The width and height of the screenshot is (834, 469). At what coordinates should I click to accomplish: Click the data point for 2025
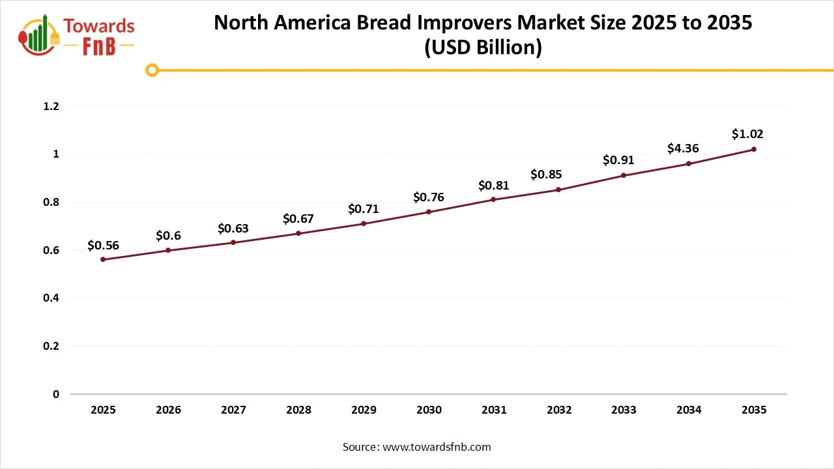[x=103, y=259]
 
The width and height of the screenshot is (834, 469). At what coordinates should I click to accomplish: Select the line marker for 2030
[x=429, y=212]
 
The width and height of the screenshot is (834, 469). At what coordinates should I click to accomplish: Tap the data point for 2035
[x=754, y=149]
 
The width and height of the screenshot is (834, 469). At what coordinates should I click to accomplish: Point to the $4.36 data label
[x=683, y=149]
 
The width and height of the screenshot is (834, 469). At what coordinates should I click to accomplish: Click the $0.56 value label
[x=103, y=246]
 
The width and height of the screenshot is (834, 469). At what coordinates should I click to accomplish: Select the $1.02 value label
[x=747, y=134]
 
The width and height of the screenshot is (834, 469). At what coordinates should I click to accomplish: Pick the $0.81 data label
[x=493, y=186]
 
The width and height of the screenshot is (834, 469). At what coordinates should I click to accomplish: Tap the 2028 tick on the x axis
[x=298, y=410]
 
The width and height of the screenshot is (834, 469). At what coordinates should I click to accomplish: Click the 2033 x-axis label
[x=624, y=410]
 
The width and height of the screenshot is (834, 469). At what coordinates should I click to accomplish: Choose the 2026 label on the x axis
[x=168, y=410]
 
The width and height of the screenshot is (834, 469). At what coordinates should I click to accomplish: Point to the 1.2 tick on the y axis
[x=51, y=106]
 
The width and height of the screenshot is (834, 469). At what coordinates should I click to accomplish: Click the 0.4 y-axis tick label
[x=51, y=298]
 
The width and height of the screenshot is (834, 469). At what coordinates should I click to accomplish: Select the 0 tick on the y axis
[x=56, y=394]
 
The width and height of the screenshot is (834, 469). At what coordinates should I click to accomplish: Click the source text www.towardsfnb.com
[x=435, y=447]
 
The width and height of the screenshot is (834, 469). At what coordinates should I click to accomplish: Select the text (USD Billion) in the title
[x=483, y=48]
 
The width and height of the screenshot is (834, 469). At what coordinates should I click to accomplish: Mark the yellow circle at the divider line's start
[x=152, y=70]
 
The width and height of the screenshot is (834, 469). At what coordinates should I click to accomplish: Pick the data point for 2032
[x=558, y=190]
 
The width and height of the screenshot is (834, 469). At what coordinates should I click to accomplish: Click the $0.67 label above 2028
[x=298, y=219]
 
